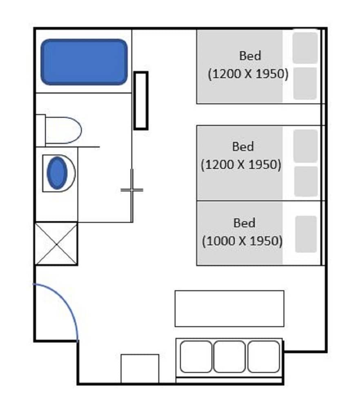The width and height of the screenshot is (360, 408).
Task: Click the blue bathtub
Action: point(84,62)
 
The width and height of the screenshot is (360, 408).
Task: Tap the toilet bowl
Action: point(64,130)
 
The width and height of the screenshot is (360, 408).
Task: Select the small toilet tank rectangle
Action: point(40,131)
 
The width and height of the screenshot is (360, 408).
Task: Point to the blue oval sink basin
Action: point(57,173)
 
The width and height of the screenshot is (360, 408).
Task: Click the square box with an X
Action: point(56,244)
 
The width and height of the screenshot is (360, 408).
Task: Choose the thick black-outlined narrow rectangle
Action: point(141,100)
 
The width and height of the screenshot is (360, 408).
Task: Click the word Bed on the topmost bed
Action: point(250,55)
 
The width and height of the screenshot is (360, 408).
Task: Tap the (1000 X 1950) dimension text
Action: point(242,241)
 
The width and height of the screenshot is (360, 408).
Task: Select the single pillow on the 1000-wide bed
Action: point(306,234)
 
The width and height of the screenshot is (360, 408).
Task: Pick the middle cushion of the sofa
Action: point(229,357)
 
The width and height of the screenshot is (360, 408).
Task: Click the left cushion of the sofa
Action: point(196,357)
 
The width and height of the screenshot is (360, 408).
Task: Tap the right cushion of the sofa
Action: point(263,357)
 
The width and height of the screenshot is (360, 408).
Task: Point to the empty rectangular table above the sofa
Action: point(229,308)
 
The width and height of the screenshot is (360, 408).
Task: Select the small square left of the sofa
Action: point(140,368)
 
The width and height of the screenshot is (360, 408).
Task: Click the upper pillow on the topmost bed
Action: point(305,48)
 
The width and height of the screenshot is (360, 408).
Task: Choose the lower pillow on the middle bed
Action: point(306,182)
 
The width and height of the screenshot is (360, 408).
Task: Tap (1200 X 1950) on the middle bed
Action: point(241,165)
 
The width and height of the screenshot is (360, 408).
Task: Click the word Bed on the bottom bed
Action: point(244,223)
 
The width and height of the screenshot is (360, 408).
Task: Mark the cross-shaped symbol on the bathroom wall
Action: point(132,190)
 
